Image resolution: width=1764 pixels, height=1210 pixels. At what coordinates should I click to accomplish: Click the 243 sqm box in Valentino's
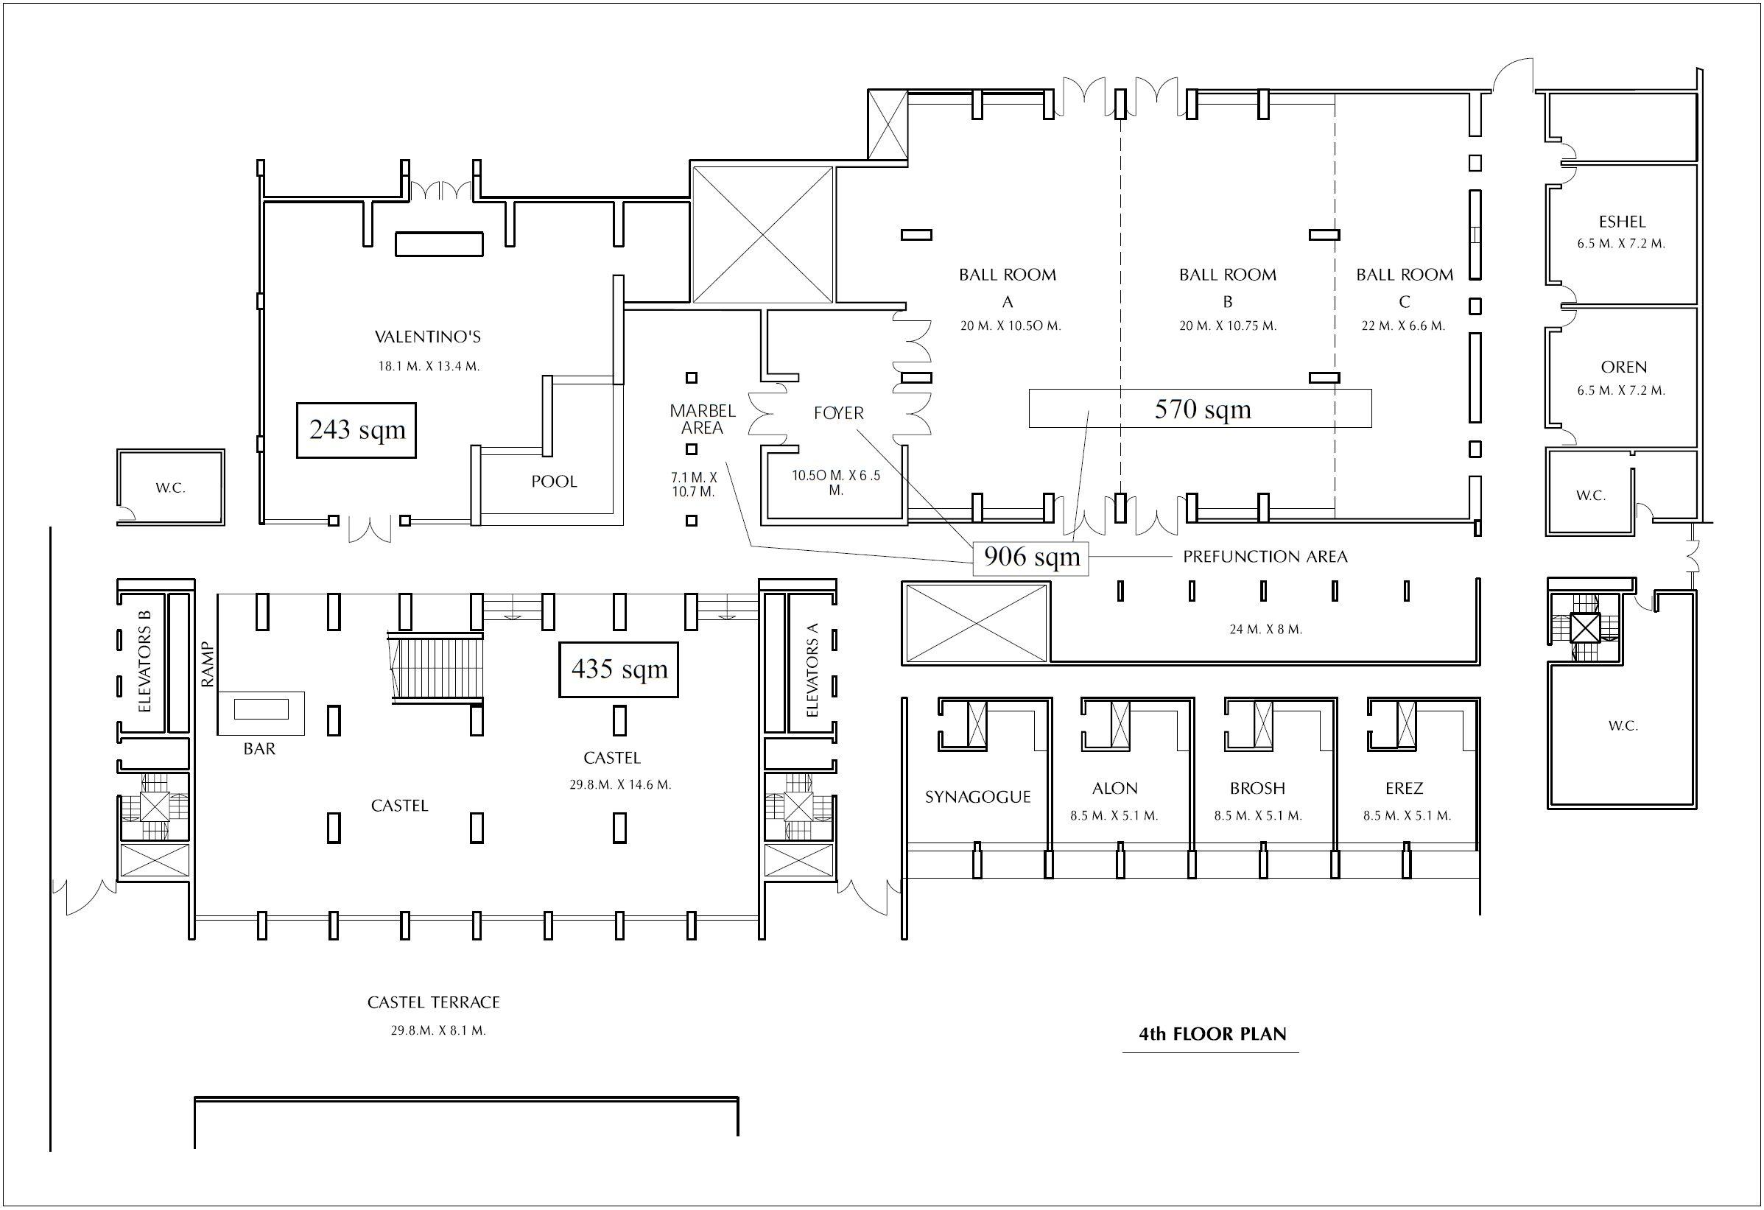pos(356,430)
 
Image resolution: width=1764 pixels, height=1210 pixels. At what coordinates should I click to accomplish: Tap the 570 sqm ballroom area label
pos(1201,409)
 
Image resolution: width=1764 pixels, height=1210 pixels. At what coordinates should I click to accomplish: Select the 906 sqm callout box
pos(1030,557)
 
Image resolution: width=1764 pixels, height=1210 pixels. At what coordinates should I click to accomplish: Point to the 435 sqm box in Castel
pos(619,669)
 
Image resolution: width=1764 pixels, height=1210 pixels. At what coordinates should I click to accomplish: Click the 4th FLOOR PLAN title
pos(1212,1034)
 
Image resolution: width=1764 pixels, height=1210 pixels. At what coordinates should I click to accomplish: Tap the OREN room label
pos(1623,367)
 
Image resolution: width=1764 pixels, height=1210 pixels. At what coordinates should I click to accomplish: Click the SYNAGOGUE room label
pos(977,797)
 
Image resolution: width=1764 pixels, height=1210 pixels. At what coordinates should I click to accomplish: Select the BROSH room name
pos(1257,789)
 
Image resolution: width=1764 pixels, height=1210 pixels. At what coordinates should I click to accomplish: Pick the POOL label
pos(554,481)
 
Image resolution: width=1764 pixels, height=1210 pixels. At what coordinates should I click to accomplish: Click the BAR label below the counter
pos(259,749)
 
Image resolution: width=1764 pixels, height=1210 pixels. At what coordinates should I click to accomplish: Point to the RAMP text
pos(208,665)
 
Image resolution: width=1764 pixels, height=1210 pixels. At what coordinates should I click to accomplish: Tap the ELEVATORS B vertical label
pos(145,661)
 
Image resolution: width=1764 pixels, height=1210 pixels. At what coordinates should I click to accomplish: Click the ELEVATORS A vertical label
pos(812,670)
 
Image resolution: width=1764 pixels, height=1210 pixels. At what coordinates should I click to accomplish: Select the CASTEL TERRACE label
pos(433,1003)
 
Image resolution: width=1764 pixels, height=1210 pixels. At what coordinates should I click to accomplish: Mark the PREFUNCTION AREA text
pos(1265,557)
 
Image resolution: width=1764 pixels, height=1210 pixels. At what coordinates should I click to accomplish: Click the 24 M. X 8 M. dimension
pos(1265,629)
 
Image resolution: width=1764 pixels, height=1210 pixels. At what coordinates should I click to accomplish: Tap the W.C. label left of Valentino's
pos(170,488)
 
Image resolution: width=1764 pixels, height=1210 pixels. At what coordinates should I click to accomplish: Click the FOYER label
pos(838,414)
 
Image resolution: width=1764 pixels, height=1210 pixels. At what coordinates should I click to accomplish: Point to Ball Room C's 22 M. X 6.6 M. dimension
pos(1402,326)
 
